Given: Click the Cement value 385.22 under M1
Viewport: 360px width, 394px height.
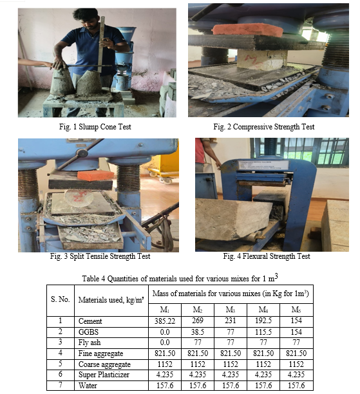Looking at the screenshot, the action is [165, 321].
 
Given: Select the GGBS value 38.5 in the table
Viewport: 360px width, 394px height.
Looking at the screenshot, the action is [197, 332].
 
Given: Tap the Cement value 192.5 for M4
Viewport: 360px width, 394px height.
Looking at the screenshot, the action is [263, 321].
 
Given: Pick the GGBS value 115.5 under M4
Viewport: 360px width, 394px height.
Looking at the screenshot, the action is [263, 332].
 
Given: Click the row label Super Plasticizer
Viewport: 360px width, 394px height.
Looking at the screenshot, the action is [104, 375].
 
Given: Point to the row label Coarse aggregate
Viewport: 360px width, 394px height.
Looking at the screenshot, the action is [104, 364].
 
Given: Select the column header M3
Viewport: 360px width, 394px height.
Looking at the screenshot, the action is [231, 310].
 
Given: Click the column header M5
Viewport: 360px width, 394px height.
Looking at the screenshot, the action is [296, 310].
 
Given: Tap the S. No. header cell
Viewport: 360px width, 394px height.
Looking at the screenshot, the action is [61, 299].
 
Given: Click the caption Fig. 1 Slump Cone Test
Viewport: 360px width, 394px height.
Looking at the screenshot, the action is [95, 127].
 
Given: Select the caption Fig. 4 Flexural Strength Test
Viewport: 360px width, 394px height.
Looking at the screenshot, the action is [267, 256].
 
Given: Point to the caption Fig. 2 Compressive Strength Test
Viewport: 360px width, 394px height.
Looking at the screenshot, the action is [263, 127].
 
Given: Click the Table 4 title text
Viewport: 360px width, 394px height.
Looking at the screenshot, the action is [180, 278].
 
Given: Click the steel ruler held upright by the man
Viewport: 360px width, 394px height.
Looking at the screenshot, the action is [101, 44].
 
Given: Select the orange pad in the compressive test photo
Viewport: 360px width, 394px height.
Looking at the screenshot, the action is [248, 29].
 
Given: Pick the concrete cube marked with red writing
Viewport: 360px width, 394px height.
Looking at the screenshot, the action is [261, 60].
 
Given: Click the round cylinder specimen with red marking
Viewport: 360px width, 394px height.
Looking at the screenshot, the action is [79, 198].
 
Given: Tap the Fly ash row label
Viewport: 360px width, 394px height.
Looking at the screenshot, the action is [90, 342].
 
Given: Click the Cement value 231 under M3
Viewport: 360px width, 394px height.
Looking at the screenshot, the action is [231, 321].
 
